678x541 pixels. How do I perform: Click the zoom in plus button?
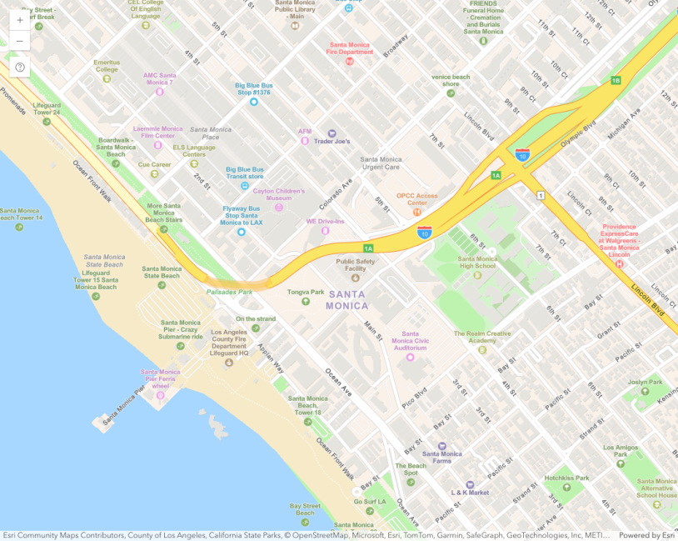[x=20, y=20]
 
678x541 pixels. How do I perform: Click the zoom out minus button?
[x=20, y=41]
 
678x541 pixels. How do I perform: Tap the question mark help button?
[x=20, y=68]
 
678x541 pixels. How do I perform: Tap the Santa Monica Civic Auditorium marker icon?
[x=410, y=358]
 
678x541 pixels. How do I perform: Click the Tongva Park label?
[x=306, y=292]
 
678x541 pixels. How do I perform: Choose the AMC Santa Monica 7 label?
[x=159, y=78]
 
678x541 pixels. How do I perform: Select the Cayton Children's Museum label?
[x=279, y=194]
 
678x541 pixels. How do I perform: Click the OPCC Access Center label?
[x=416, y=199]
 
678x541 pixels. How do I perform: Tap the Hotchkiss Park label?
[x=566, y=478]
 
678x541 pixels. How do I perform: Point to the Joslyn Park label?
[x=645, y=382]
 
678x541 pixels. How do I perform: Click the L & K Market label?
[x=470, y=493]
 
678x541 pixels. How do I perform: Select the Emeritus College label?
[x=107, y=65]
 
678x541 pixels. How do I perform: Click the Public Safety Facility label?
[x=356, y=264]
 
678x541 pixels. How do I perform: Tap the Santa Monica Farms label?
[x=441, y=457]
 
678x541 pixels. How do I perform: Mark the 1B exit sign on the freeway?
[x=616, y=80]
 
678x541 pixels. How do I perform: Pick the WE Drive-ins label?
[x=325, y=222]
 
